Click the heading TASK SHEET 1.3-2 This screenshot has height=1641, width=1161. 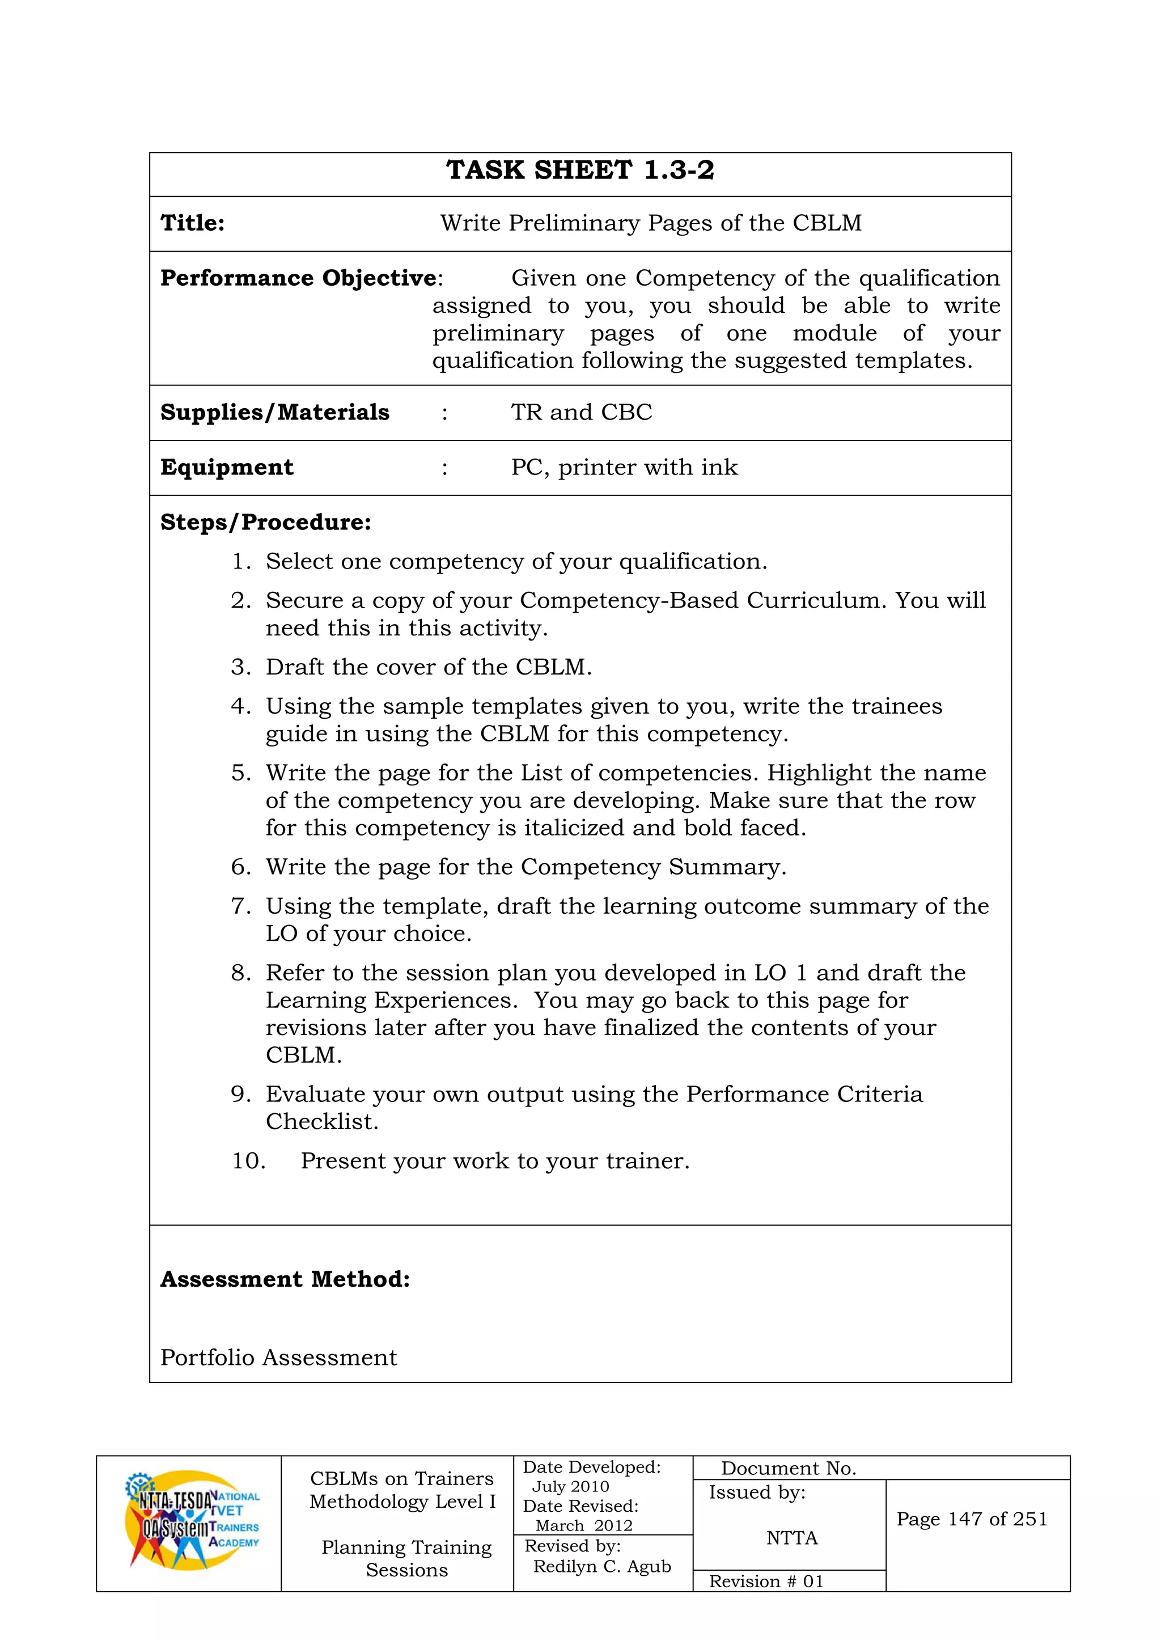[x=580, y=170]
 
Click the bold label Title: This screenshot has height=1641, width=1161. [x=192, y=223]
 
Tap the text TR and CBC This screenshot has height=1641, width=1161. [x=581, y=413]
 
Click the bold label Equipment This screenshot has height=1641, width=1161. [x=227, y=468]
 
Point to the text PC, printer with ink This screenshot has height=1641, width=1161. [x=624, y=468]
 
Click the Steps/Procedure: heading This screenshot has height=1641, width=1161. [x=265, y=523]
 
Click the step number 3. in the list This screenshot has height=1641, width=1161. [x=241, y=667]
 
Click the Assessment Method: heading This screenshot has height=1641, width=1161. [x=285, y=1279]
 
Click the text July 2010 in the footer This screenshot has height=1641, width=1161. [x=570, y=1487]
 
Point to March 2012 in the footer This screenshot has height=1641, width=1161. [x=583, y=1525]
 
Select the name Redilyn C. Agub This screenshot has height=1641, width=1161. [x=602, y=1567]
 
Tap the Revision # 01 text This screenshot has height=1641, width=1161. [x=766, y=1581]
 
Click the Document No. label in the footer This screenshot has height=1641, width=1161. [x=788, y=1469]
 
